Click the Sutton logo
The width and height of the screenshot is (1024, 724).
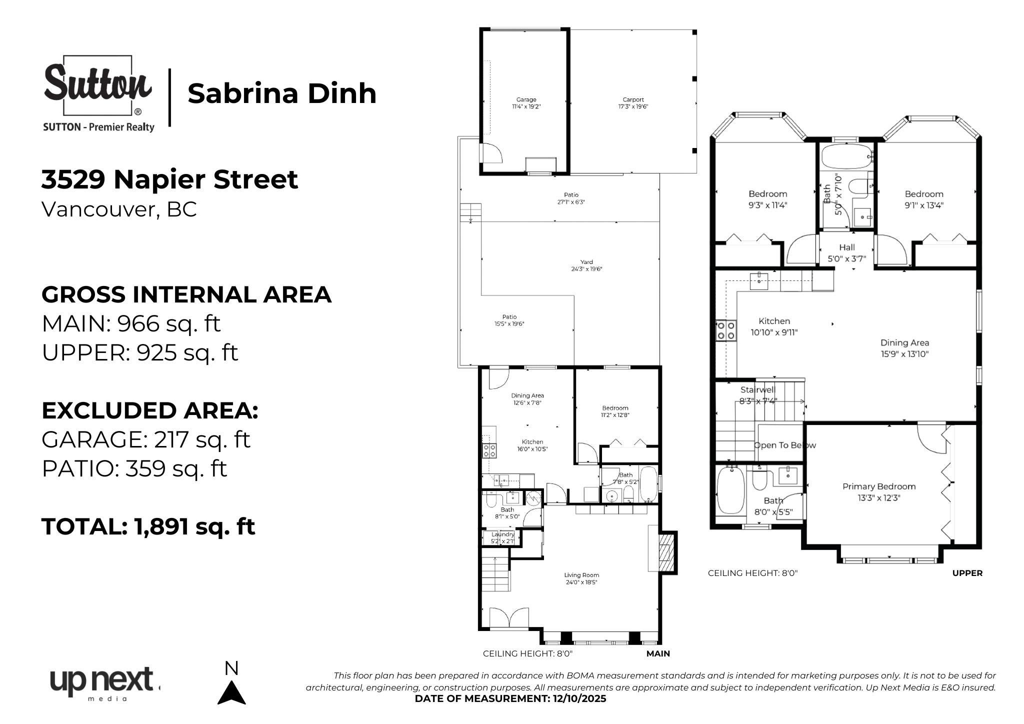98,93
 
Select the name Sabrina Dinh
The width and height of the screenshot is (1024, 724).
281,93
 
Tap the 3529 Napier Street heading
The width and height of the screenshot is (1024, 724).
169,179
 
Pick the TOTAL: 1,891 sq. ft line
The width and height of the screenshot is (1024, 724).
148,526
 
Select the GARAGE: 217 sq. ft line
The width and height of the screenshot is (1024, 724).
145,439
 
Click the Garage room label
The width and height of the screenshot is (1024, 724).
526,100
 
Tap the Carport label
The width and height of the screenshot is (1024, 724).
633,100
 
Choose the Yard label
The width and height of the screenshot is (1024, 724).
586,262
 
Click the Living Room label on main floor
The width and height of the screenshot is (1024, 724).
581,575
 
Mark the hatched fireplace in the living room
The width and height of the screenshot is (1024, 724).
667,552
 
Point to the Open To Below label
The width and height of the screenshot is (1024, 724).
784,445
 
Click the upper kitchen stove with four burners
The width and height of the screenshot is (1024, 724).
726,330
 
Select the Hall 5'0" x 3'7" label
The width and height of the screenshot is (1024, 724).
846,252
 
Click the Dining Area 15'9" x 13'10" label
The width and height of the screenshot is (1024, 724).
904,348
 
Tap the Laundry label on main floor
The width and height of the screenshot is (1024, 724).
502,534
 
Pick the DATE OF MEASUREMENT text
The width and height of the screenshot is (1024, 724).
510,698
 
